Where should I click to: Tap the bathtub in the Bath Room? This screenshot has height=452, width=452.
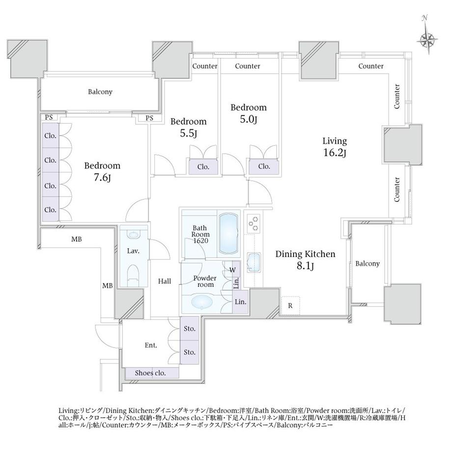click(x=228, y=234)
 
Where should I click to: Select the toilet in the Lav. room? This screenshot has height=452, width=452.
click(x=133, y=276)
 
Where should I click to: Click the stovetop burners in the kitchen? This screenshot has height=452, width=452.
click(x=254, y=224)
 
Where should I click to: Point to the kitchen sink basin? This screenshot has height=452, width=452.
click(x=254, y=263)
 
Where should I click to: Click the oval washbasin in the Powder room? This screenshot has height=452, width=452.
click(x=202, y=302)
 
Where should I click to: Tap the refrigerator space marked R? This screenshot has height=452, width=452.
click(x=290, y=306)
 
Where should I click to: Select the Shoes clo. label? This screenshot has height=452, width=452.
click(x=150, y=373)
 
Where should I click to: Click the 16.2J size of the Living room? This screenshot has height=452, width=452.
click(x=335, y=152)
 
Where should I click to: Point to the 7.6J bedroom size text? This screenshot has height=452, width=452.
click(x=102, y=177)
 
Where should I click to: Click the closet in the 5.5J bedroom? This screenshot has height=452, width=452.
click(x=203, y=167)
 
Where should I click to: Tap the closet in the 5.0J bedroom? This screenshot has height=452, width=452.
click(x=264, y=167)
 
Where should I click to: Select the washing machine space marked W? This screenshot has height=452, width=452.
click(x=232, y=270)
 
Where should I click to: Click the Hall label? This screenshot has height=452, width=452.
click(x=164, y=281)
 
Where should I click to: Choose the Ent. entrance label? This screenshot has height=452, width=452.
click(x=151, y=345)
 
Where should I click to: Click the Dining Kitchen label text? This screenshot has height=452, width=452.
click(x=305, y=254)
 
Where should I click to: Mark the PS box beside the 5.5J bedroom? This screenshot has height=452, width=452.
click(x=149, y=118)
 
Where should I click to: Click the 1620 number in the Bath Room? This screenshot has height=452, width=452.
click(x=200, y=241)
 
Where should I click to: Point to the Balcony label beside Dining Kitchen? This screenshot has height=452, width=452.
click(x=367, y=263)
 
